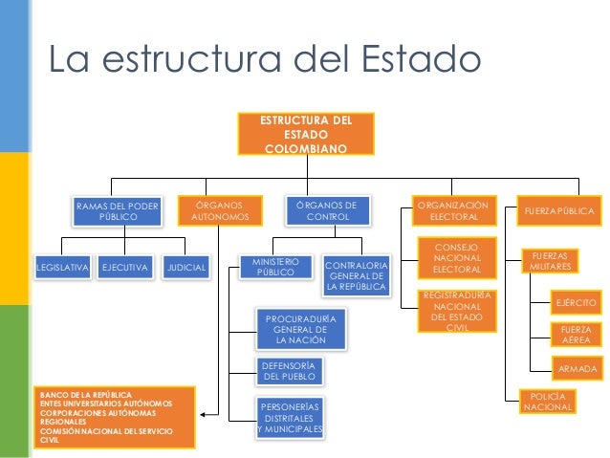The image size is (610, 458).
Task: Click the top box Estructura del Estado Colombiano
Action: pos(306,135)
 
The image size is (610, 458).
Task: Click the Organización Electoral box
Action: pos(454,211)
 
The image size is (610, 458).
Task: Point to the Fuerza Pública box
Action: pos(556,210)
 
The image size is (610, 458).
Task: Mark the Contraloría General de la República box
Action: pos(356,275)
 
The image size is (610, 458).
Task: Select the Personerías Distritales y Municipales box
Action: pos(291,418)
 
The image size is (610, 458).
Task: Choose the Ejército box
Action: pos(577,303)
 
